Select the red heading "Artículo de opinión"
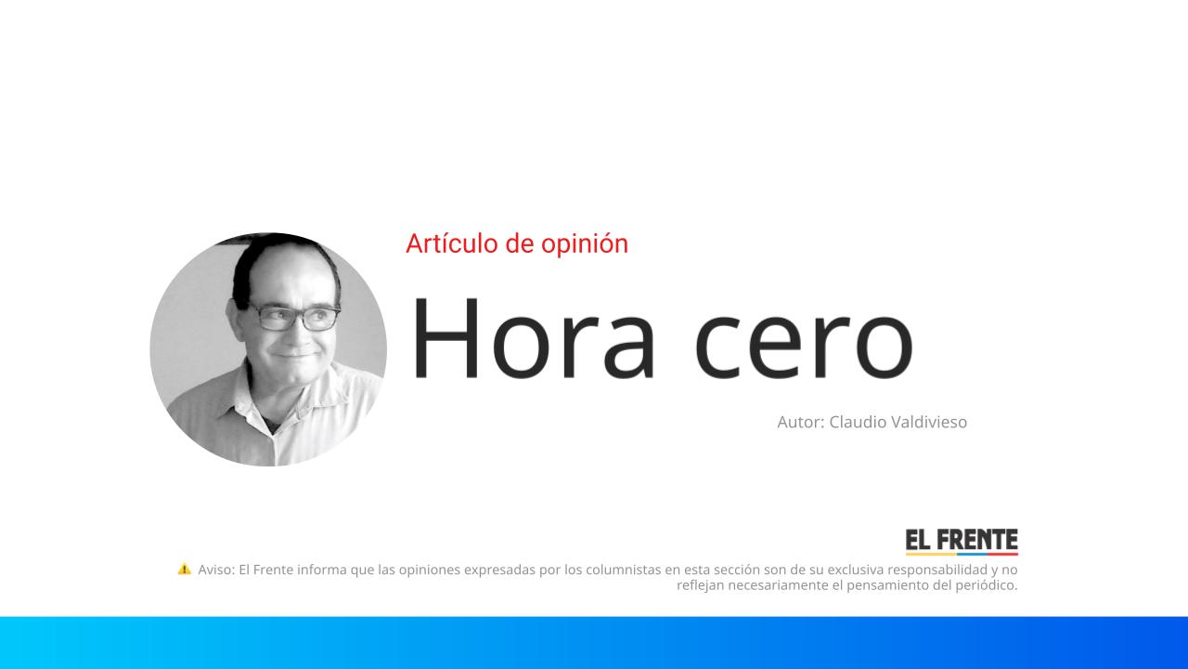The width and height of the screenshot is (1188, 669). coord(517,243)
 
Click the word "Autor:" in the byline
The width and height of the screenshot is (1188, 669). coord(800,422)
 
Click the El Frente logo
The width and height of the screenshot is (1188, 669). coord(962,542)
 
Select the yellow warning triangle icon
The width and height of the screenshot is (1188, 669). coord(184,569)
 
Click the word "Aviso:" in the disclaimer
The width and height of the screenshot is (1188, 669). coord(216,570)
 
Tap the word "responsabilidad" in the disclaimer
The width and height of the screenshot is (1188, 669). coord(938,570)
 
